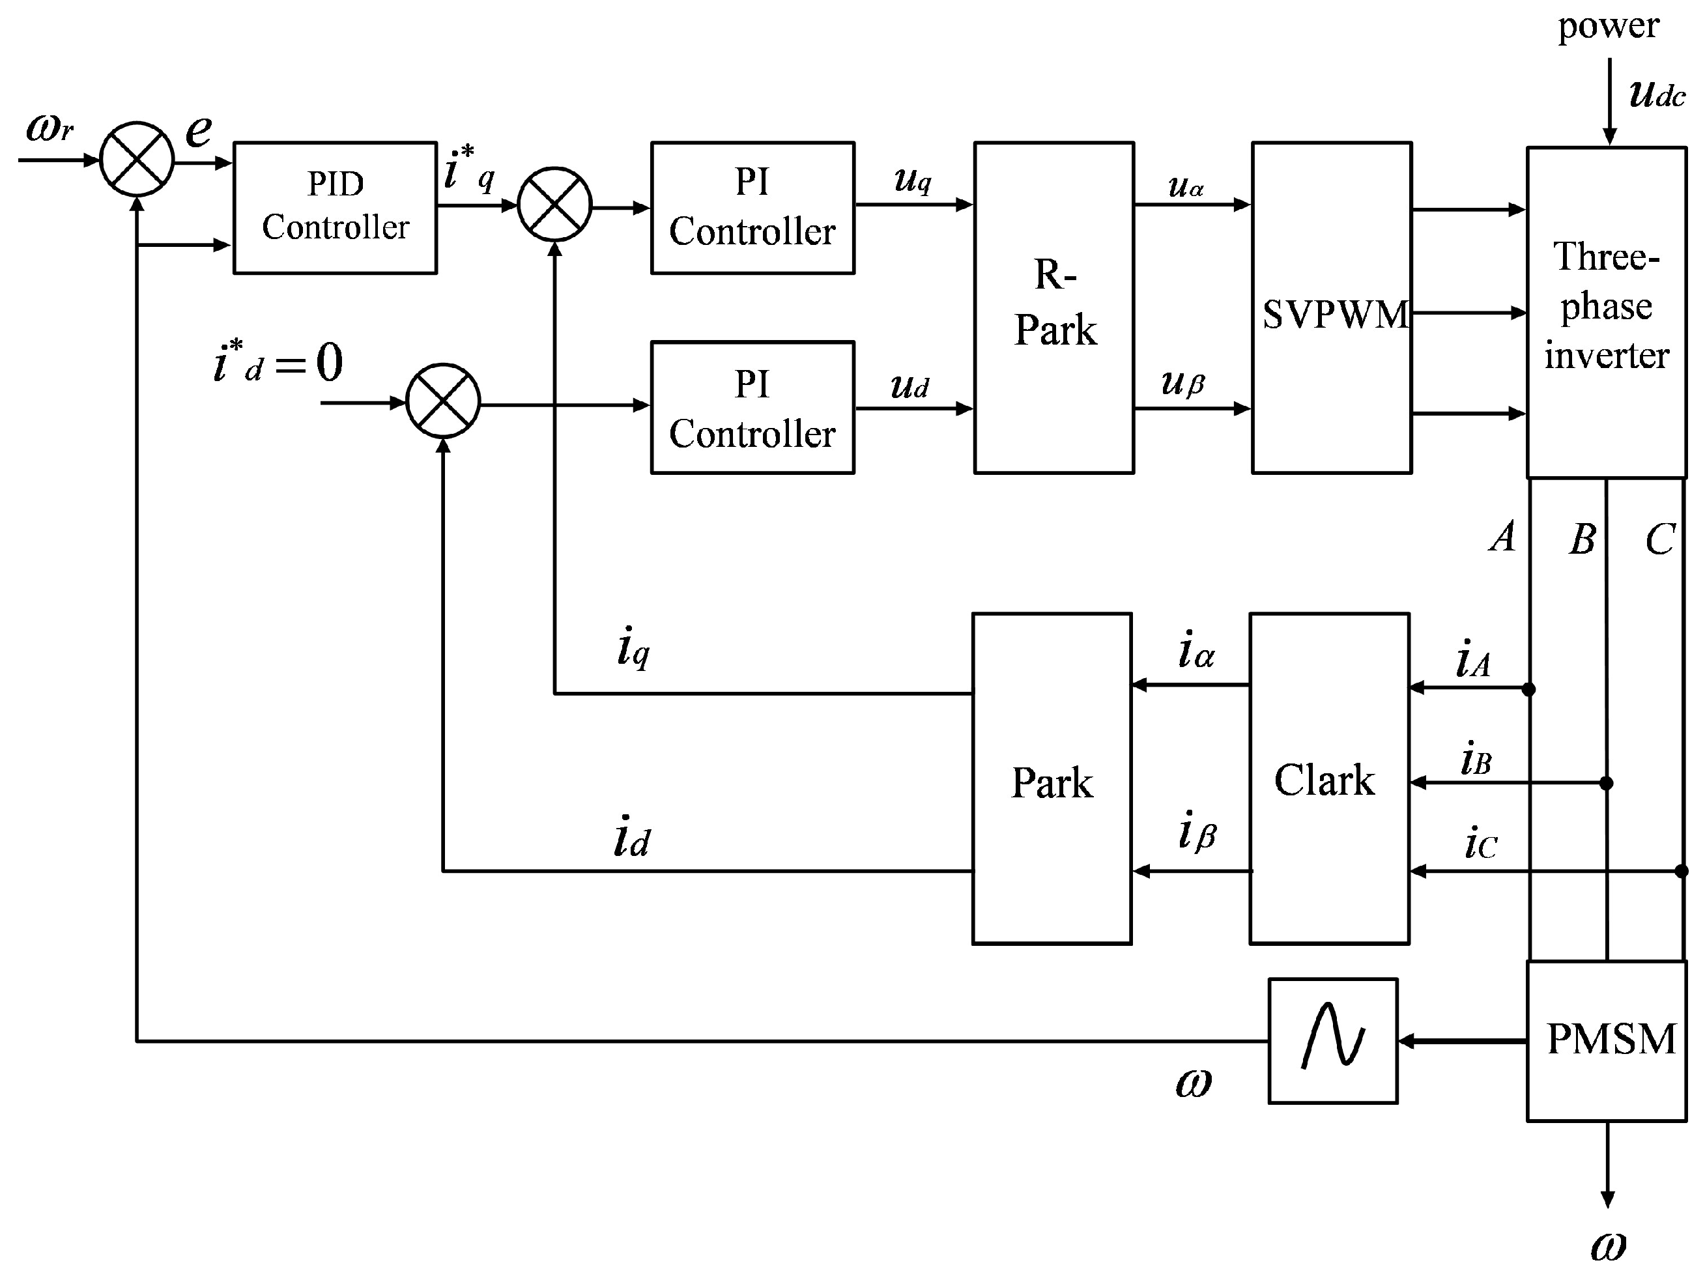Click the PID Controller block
click(336, 207)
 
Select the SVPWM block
click(1331, 307)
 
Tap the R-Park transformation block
click(1053, 307)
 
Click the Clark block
click(1329, 778)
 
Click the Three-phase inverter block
click(1607, 312)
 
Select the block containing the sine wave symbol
click(1333, 1041)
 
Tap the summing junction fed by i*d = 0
click(443, 401)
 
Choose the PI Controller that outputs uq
click(752, 207)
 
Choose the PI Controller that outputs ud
click(752, 407)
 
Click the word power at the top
click(1608, 25)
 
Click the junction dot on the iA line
click(1529, 689)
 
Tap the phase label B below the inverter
click(1582, 539)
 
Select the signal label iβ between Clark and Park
click(1197, 832)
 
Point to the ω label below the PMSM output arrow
click(1608, 1247)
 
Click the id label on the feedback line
click(631, 838)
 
